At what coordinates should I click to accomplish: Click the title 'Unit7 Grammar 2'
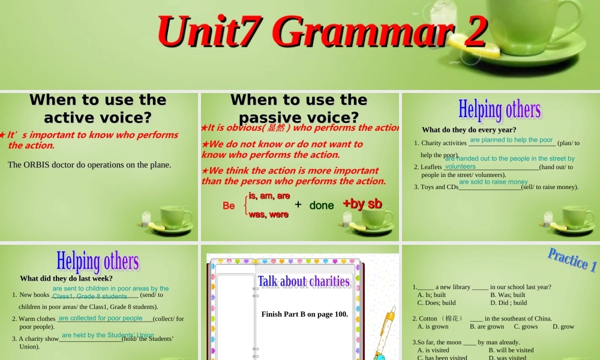(322, 31)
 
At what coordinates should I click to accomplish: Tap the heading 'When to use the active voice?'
(98, 108)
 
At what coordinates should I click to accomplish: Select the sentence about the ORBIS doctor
(89, 164)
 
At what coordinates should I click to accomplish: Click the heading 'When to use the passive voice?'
(298, 108)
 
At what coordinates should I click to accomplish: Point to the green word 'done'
(322, 205)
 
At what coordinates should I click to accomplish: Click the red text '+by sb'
(362, 204)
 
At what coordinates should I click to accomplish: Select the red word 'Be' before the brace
(229, 206)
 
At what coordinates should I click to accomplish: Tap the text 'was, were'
(268, 214)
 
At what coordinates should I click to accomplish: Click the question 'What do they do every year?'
(469, 130)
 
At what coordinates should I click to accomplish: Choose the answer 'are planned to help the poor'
(511, 140)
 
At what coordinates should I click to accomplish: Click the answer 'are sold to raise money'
(493, 182)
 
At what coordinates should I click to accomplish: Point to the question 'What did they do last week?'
(66, 278)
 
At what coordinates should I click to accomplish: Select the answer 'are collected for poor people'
(101, 318)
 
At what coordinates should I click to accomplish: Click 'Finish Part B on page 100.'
(304, 314)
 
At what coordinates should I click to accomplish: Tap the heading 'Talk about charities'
(304, 281)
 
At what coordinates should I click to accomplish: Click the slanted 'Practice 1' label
(572, 260)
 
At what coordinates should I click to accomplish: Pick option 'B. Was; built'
(508, 295)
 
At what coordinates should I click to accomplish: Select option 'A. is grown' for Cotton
(433, 327)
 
